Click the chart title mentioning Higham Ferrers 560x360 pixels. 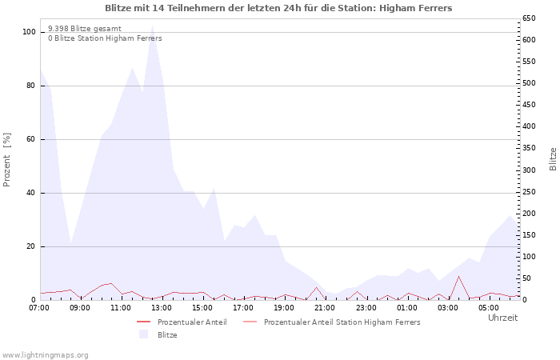278,8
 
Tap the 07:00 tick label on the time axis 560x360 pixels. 39,307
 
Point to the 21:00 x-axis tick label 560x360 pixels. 325,307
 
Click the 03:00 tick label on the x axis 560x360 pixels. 448,307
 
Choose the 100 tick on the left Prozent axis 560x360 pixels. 30,32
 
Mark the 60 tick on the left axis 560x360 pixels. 31,139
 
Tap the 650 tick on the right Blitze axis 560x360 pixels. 529,18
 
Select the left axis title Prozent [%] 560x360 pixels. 8,160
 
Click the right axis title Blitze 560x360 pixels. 553,158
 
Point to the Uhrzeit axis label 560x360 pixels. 502,318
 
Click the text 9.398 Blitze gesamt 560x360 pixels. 85,28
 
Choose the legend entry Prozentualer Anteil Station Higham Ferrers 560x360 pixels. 342,322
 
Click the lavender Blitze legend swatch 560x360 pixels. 144,334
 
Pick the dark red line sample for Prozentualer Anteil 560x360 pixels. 144,322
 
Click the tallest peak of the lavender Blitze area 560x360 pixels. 152,27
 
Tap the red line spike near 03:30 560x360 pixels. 458,277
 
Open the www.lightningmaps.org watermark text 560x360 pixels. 45,354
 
